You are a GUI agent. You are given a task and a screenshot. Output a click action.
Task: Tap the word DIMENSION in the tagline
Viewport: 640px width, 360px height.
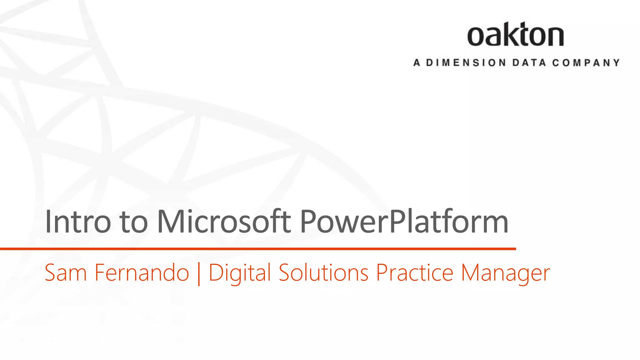pos(466,63)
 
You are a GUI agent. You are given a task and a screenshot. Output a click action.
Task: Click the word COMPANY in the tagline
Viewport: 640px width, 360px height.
pos(586,63)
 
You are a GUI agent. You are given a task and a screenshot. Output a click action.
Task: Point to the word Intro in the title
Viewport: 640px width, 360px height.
pos(78,222)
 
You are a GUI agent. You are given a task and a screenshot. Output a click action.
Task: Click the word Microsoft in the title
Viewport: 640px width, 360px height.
pos(224,222)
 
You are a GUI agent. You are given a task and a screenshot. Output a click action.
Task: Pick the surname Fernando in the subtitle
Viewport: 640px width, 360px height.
pos(142,273)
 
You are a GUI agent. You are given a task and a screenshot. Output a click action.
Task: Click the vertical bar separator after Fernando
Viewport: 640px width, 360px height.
pos(199,274)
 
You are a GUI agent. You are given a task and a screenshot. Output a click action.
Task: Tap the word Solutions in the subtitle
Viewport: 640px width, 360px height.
pos(323,273)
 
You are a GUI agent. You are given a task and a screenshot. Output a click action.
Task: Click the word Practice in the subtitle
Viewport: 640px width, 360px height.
pos(415,273)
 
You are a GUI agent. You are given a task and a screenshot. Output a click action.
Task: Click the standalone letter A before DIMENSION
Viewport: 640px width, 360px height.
pos(417,63)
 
